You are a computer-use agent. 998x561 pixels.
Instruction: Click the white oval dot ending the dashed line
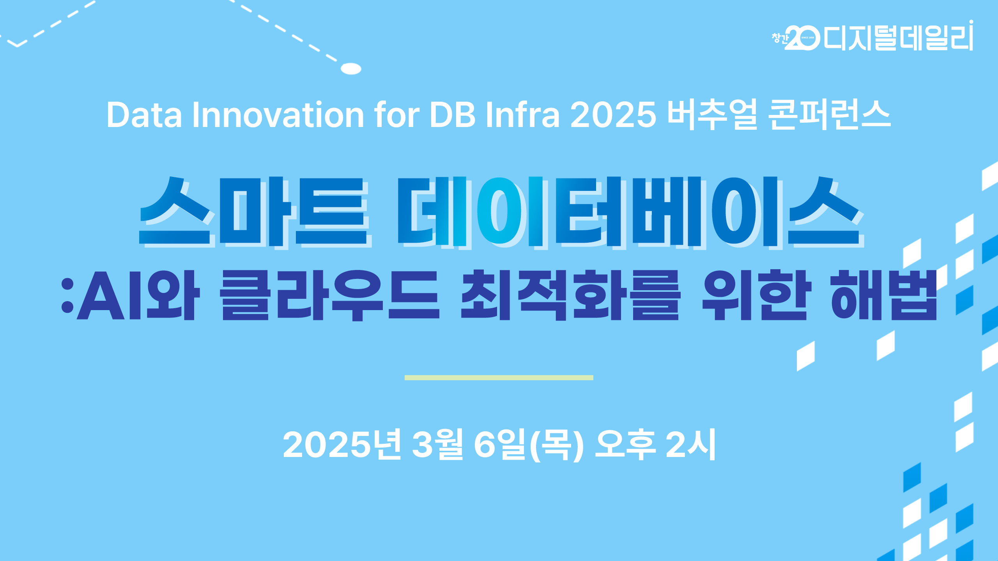point(351,69)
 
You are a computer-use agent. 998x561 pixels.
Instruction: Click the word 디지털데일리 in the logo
point(898,37)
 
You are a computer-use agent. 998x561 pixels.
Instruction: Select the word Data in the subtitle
point(144,115)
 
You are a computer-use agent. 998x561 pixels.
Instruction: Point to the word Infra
point(522,115)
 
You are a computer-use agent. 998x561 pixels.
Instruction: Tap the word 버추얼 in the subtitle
point(712,115)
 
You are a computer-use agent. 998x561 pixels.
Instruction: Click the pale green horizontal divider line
point(499,378)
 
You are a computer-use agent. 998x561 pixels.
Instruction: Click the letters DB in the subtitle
point(452,115)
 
